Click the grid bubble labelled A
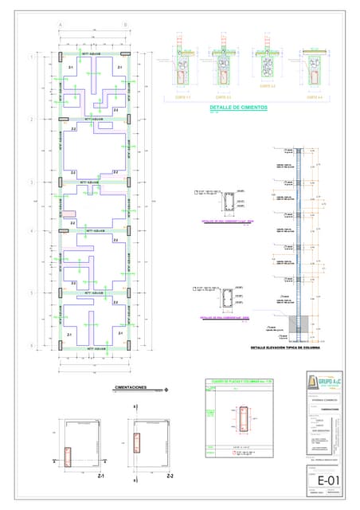point(61,25)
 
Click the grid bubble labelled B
point(125,25)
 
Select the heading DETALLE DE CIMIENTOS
point(238,107)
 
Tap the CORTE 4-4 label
point(315,97)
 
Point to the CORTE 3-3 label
point(268,86)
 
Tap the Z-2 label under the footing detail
point(170,476)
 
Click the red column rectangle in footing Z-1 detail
point(70,451)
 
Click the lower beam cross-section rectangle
point(229,300)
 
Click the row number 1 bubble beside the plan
point(32,57)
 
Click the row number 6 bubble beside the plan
point(32,346)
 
